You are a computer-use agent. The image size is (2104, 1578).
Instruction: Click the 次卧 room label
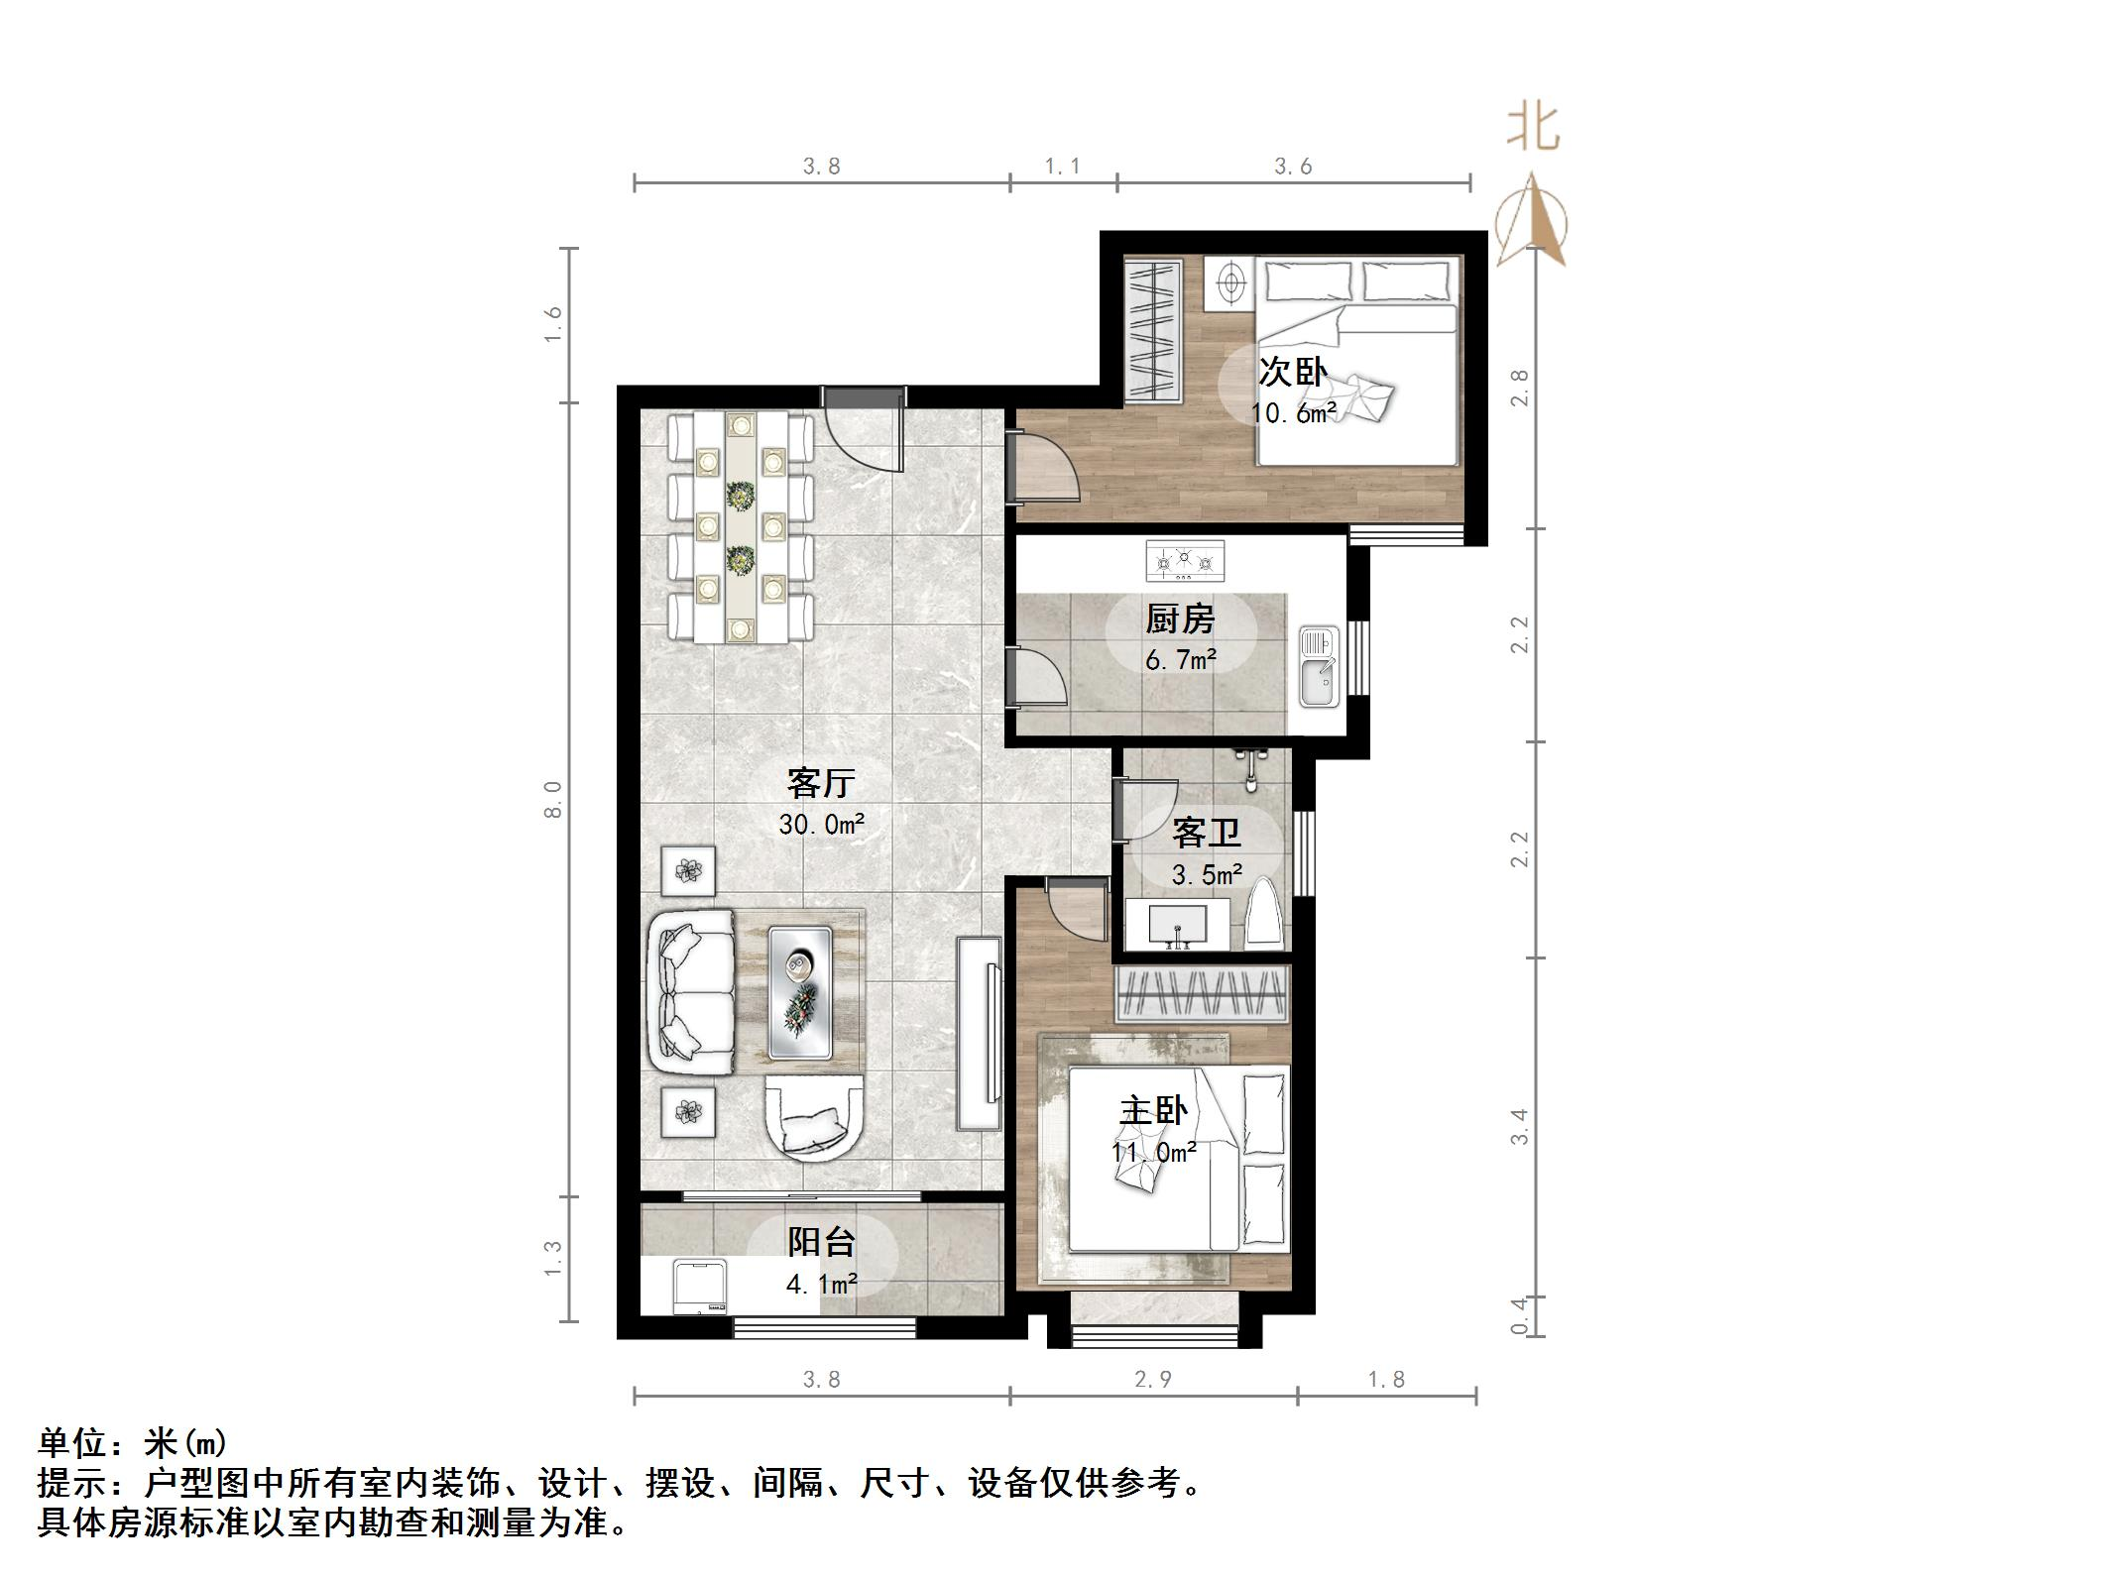[x=1292, y=373]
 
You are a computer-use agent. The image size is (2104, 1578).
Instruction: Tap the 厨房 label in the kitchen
[x=1180, y=620]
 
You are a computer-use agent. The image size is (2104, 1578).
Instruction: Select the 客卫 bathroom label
[x=1206, y=833]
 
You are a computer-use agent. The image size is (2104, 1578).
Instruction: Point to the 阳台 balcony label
[x=821, y=1242]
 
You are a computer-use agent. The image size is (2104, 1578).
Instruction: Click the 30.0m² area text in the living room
[x=821, y=824]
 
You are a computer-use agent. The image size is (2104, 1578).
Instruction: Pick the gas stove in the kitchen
[x=1185, y=561]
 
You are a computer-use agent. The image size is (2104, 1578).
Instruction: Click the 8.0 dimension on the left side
[x=553, y=799]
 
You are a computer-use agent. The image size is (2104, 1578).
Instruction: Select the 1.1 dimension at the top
[x=1062, y=167]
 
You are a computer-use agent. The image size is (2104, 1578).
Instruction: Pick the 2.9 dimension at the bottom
[x=1152, y=1380]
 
